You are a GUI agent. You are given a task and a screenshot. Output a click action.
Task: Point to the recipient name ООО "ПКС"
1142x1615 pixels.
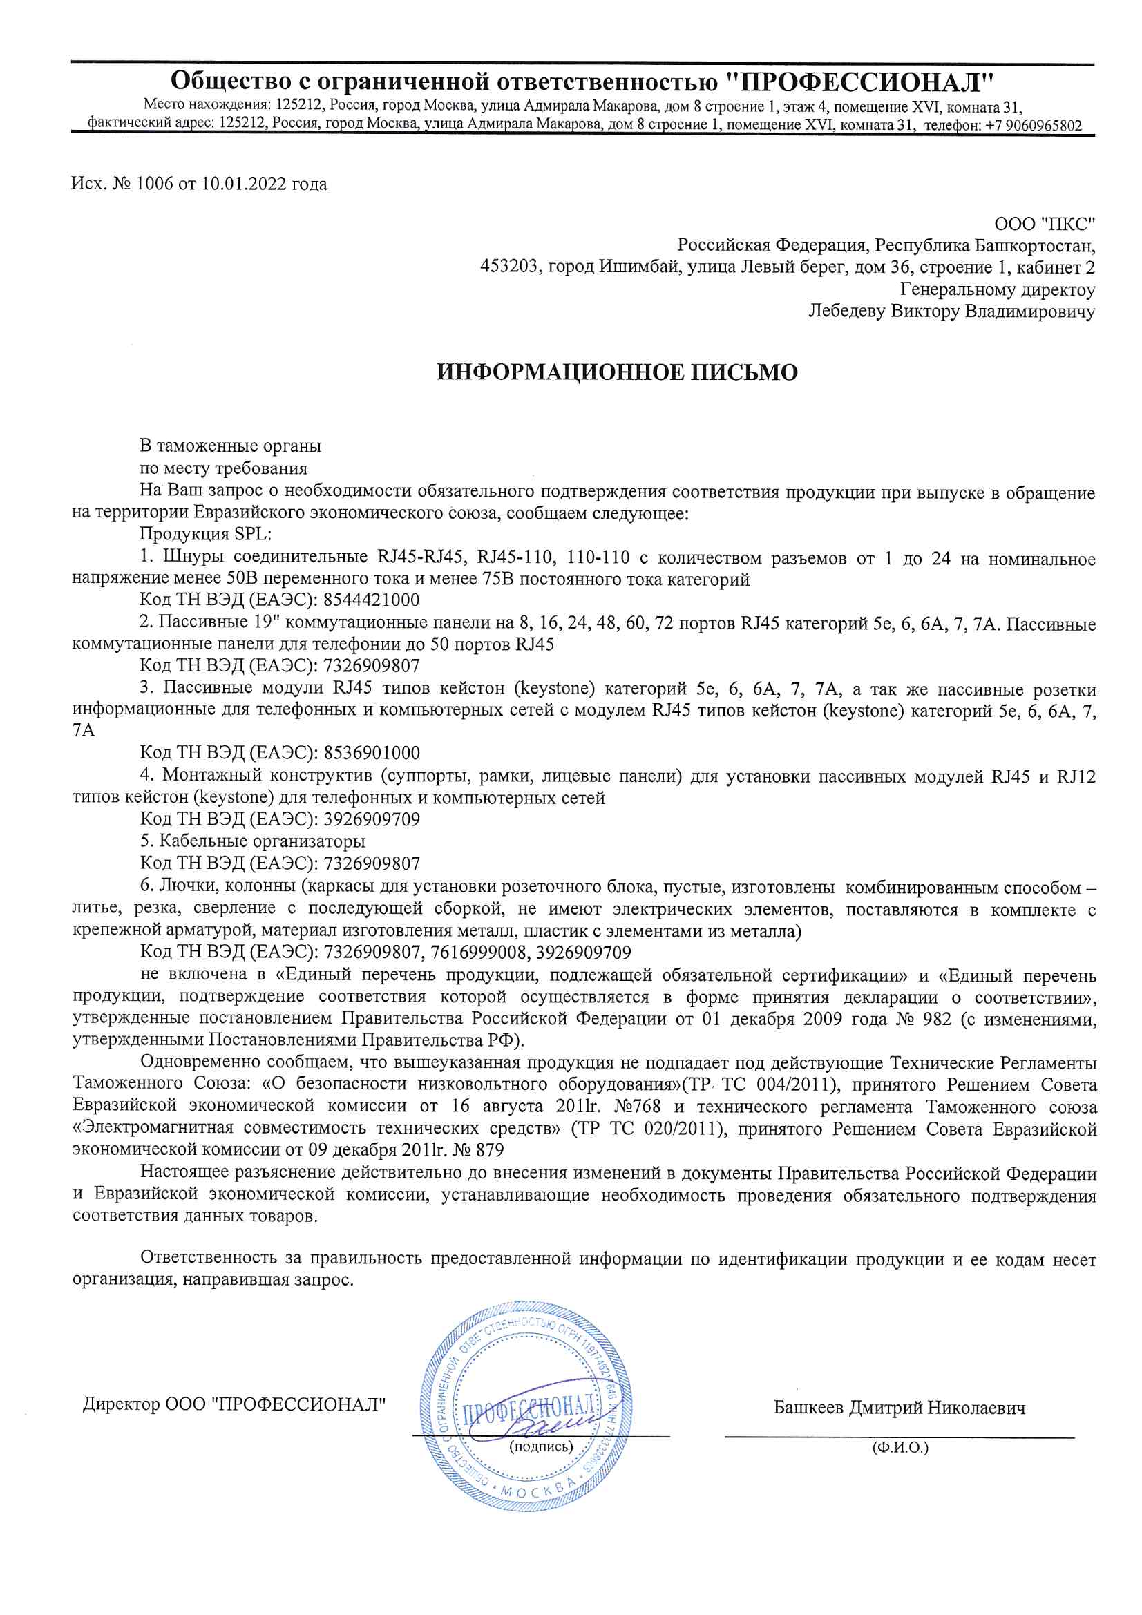[x=1044, y=224]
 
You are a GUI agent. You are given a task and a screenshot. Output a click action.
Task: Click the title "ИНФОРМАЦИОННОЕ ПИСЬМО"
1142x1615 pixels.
[x=617, y=372]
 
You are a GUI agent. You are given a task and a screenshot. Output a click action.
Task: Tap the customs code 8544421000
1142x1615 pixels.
[x=372, y=600]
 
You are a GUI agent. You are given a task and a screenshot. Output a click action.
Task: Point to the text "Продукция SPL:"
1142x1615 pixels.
[x=205, y=534]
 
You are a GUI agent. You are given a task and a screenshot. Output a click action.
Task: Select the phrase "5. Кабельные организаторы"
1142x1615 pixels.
[x=253, y=841]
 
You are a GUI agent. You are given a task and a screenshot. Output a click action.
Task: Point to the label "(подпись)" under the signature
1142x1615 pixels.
[x=540, y=1446]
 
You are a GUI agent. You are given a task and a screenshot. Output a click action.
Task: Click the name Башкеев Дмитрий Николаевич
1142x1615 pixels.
[x=900, y=1408]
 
